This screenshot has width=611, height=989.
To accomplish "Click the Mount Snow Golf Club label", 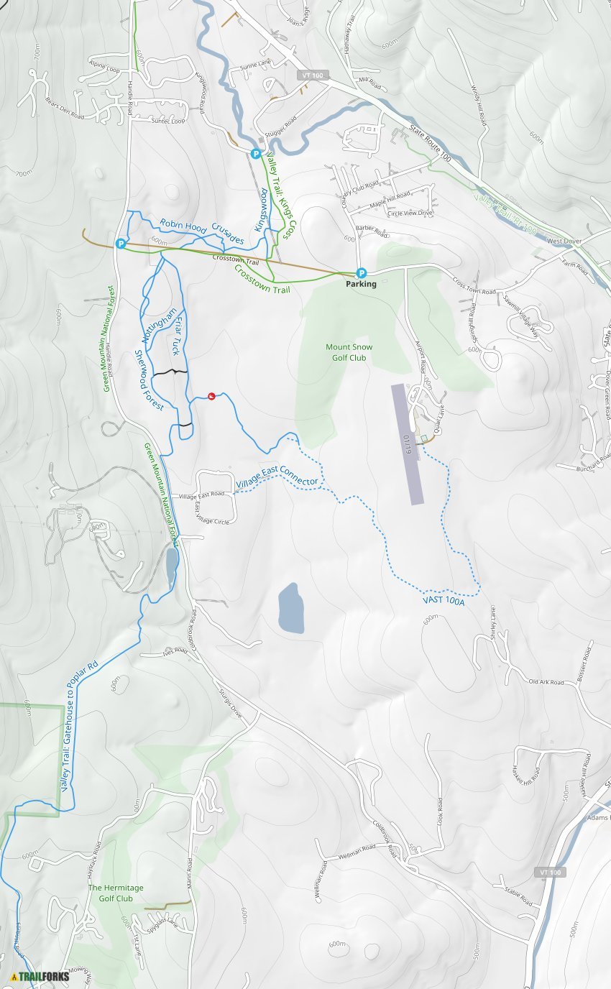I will (349, 352).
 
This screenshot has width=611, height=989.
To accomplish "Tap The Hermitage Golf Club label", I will (116, 893).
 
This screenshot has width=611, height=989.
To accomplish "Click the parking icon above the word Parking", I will (362, 273).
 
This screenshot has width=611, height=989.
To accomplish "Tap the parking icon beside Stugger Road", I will (256, 153).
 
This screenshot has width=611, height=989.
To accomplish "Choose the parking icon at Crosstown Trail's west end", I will (121, 244).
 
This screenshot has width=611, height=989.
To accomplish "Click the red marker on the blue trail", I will (211, 396).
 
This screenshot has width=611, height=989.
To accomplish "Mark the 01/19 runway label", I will (407, 444).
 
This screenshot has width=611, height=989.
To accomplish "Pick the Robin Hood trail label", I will (183, 225).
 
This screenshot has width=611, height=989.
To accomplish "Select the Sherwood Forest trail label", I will (150, 381).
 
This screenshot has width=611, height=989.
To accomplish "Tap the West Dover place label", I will (564, 241).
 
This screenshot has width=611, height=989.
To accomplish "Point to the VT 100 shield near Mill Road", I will (313, 75).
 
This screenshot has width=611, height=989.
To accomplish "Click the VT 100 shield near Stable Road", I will (551, 872).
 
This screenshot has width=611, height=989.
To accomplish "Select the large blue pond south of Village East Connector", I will (290, 608).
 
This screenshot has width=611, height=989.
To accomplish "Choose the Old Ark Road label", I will (546, 681).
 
